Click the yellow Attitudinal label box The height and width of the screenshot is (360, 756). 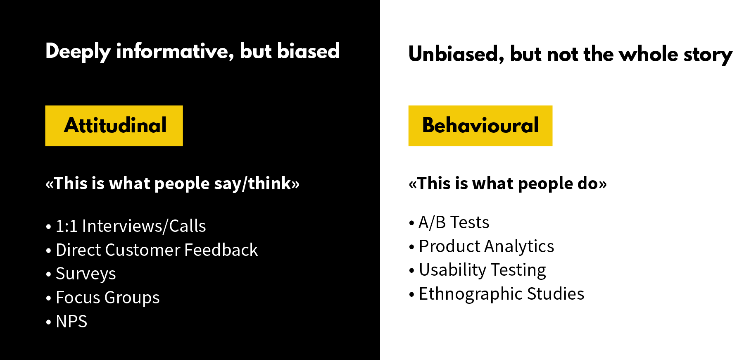114,126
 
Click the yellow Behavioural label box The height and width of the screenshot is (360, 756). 480,126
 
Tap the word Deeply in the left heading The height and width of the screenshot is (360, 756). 78,52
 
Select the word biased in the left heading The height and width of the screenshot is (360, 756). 308,51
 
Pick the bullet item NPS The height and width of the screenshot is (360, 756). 71,321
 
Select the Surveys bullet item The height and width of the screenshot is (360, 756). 86,274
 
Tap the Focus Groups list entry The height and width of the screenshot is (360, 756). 107,298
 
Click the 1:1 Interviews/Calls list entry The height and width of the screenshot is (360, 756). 131,226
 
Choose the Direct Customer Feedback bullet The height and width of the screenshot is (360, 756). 157,250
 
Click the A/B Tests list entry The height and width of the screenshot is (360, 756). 454,222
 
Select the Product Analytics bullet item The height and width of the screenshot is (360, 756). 486,246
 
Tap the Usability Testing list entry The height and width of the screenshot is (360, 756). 482,270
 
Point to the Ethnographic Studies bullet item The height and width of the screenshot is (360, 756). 501,294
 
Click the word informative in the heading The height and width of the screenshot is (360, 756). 173,52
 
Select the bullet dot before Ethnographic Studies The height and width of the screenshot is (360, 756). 411,295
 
